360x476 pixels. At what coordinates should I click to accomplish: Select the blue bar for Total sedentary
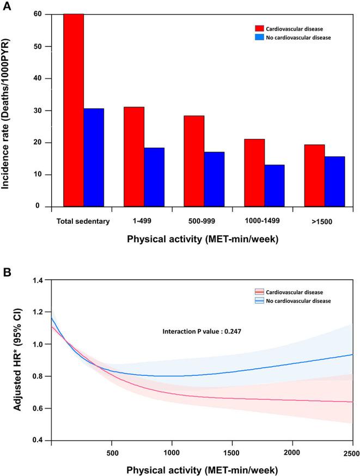(x=94, y=157)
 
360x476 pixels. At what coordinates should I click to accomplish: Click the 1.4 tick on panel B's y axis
(x=38, y=280)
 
